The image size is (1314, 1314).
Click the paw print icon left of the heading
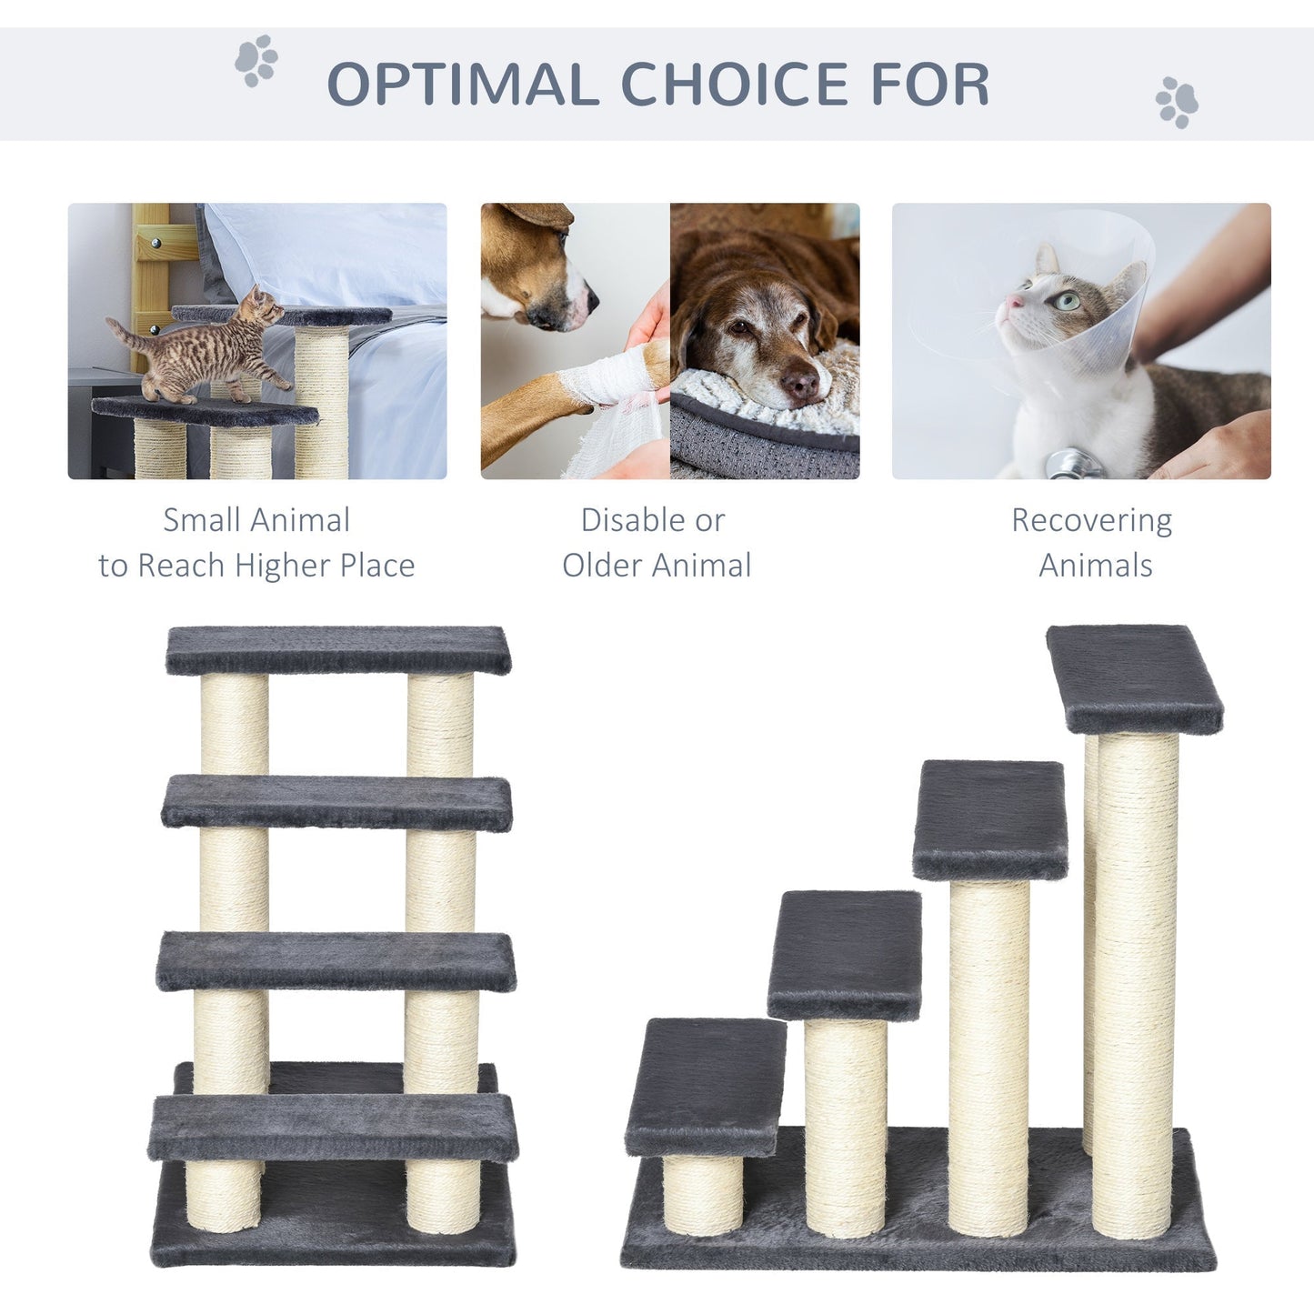point(256,61)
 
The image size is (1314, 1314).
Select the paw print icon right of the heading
point(1177,102)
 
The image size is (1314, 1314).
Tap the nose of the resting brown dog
point(800,385)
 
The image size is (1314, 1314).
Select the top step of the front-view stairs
point(338,649)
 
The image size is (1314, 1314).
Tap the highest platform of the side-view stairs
point(1134,677)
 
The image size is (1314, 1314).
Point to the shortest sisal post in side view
point(702,1191)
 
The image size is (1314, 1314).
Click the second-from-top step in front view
point(336,802)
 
